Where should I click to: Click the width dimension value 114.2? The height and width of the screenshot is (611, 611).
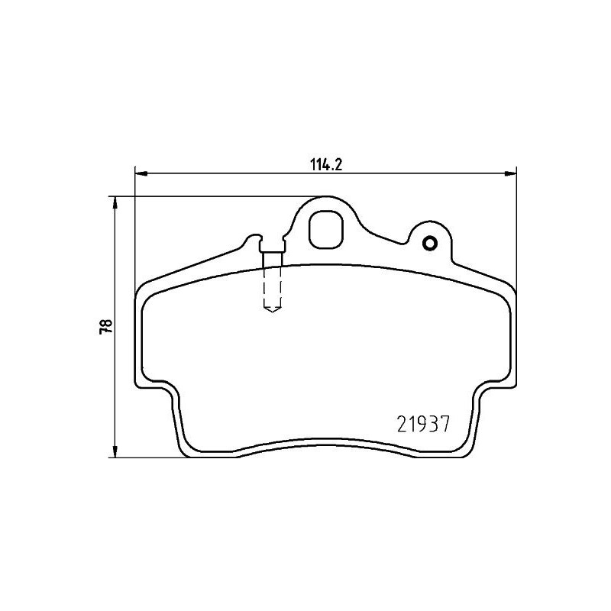(x=323, y=163)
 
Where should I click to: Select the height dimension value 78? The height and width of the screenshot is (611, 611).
(x=106, y=325)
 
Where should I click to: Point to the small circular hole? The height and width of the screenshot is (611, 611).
(x=429, y=244)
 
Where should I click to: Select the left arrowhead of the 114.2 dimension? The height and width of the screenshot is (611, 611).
(x=140, y=173)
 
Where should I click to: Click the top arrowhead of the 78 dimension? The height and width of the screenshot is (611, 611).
(x=115, y=202)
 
